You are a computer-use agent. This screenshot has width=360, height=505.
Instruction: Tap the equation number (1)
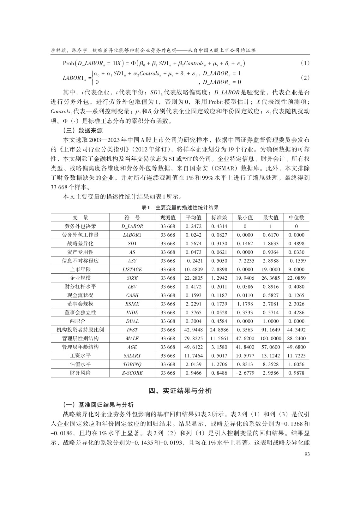[305, 63]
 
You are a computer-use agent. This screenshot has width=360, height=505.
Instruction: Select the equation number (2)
[305, 78]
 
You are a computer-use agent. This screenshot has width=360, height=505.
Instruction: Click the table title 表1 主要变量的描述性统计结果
[180, 208]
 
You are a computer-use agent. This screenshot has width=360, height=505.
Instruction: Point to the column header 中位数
[296, 218]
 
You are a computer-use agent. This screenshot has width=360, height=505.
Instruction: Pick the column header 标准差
[219, 218]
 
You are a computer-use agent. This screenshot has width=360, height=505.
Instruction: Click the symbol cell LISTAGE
[132, 270]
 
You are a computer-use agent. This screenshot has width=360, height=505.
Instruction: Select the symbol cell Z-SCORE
[132, 373]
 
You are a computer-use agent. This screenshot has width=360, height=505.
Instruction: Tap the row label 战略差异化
[80, 244]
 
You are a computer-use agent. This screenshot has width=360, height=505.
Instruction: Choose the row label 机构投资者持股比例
[80, 330]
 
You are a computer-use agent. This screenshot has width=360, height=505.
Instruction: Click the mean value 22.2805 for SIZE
[193, 278]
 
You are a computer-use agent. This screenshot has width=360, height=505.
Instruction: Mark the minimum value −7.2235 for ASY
[245, 261]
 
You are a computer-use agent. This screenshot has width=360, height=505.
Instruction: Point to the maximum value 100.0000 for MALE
[271, 338]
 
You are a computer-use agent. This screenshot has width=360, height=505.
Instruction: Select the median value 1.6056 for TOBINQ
[296, 364]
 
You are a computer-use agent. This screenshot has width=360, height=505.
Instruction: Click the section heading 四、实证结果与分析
[180, 391]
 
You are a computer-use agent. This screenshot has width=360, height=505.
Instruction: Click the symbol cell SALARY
[132, 356]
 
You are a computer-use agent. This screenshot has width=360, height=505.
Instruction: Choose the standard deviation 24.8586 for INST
[219, 330]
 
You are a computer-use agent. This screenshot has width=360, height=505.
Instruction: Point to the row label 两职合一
[80, 321]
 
